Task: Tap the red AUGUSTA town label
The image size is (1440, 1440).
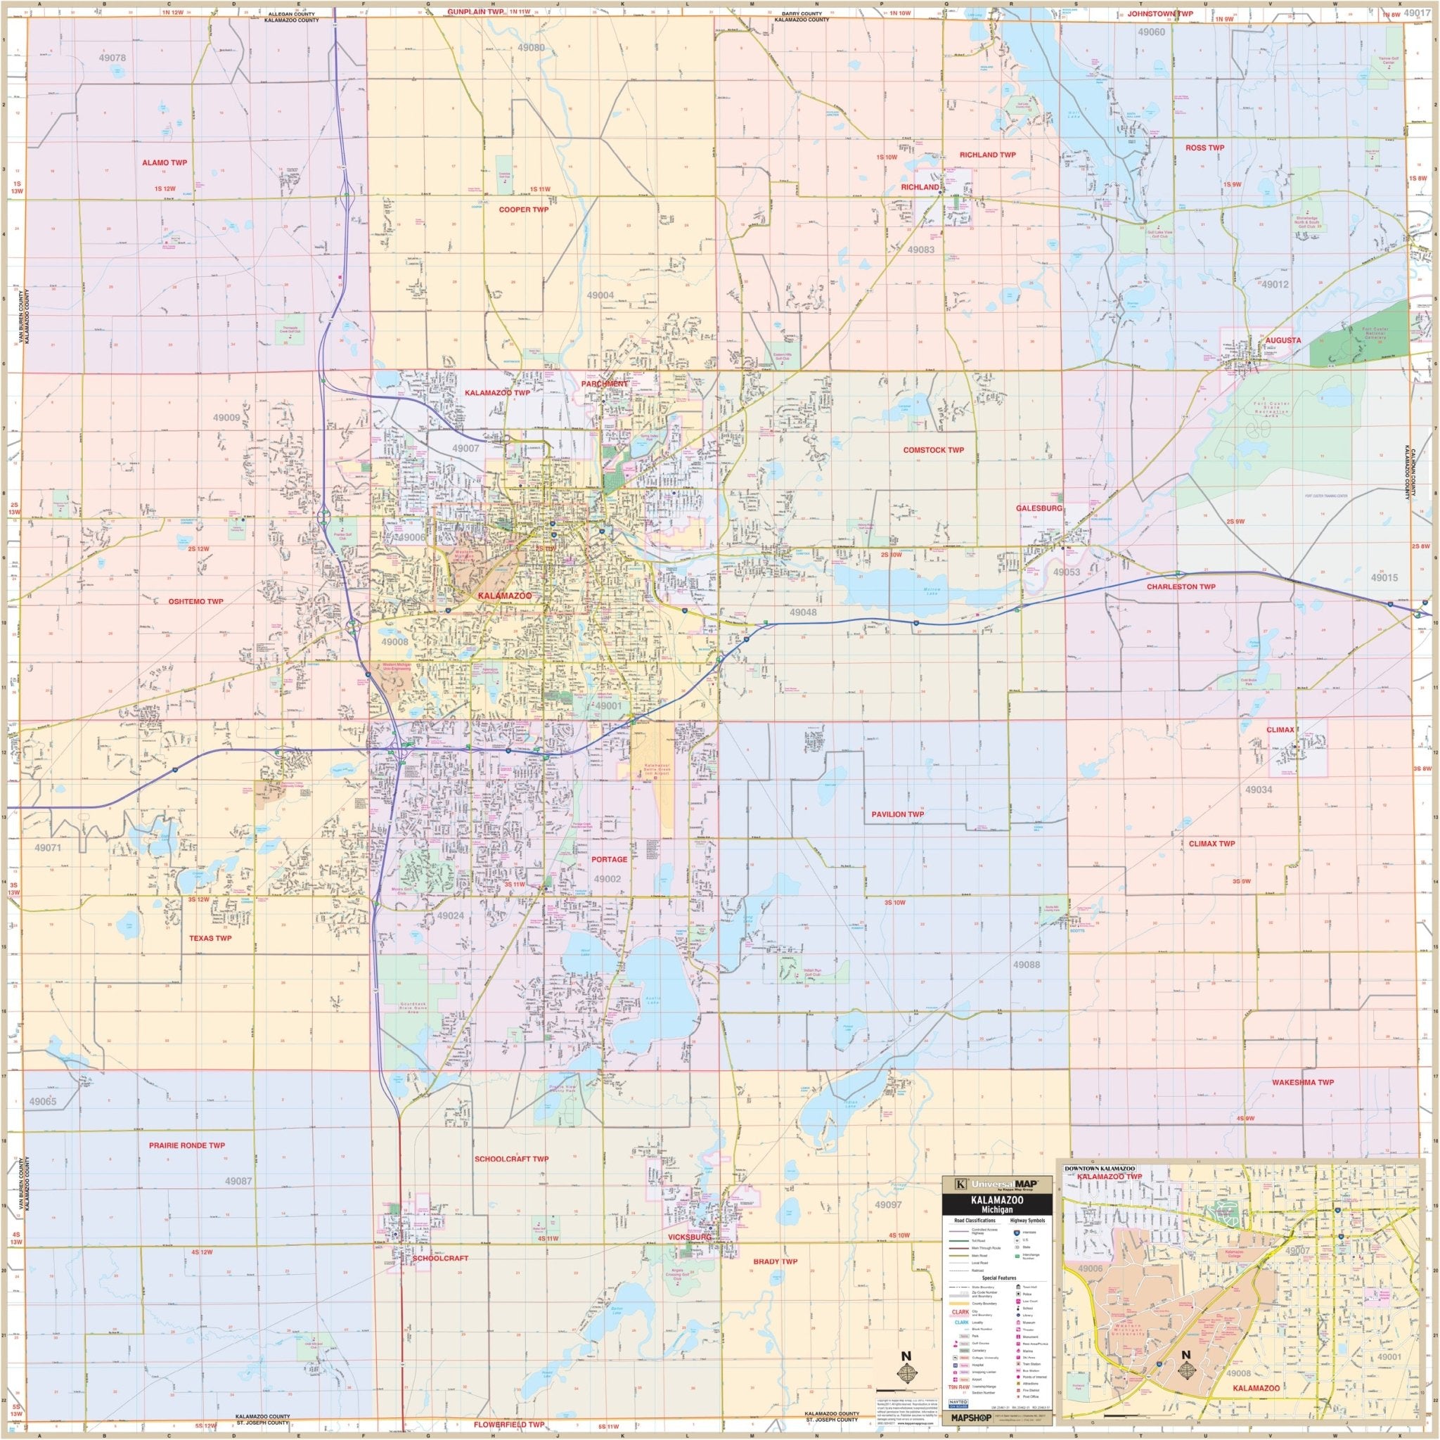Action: (1282, 340)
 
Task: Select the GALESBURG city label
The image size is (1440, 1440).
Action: (1039, 508)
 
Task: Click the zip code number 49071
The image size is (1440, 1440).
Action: (49, 848)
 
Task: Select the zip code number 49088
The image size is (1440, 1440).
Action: (1026, 965)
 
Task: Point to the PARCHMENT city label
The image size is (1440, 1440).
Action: (605, 383)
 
